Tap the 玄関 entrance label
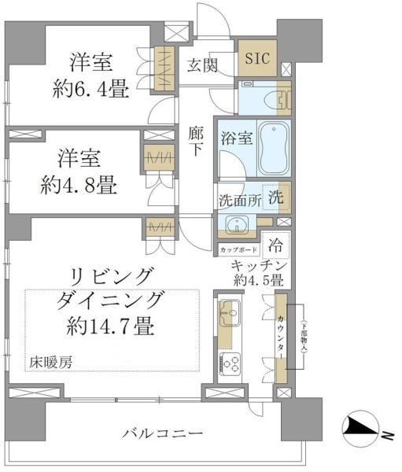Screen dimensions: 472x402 click(203, 65)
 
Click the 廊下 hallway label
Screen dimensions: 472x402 click(197, 142)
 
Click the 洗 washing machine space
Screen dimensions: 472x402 click(278, 198)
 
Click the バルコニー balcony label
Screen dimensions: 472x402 click(164, 433)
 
